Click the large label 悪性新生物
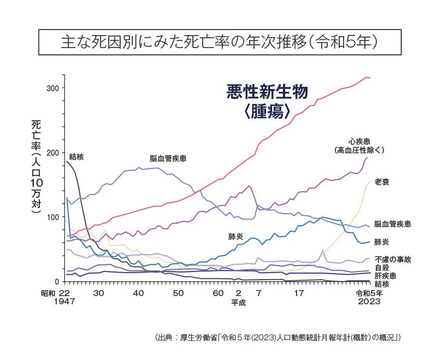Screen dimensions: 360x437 (x=267, y=91)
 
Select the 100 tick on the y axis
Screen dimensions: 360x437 (x=52, y=217)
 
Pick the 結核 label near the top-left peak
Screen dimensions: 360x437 (x=76, y=157)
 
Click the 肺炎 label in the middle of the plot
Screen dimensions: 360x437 (x=236, y=237)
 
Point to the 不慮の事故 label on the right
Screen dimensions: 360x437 (x=393, y=259)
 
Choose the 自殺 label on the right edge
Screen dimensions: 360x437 (x=381, y=268)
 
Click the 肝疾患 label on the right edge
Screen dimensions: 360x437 (x=385, y=276)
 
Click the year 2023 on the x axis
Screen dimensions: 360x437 (x=370, y=302)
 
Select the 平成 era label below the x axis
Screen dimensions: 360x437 (x=238, y=302)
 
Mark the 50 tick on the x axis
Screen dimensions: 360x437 (x=178, y=293)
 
